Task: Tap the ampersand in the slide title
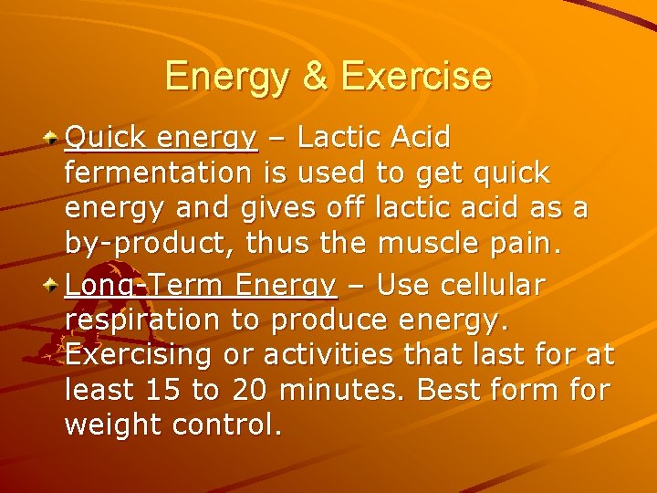(315, 77)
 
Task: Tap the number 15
(163, 390)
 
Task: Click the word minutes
(341, 390)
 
